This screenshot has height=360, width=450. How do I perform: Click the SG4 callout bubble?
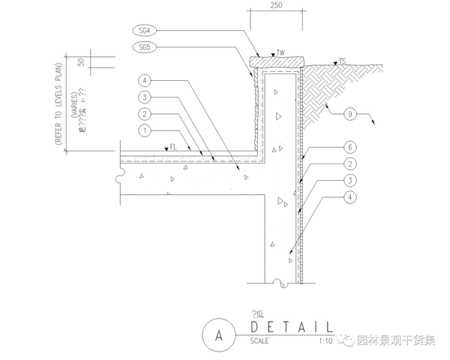point(145,31)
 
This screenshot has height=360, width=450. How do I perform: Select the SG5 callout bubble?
point(145,47)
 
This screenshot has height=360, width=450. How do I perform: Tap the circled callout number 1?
point(145,130)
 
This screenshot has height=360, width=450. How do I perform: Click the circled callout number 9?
point(349,115)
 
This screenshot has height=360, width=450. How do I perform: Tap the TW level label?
point(280,53)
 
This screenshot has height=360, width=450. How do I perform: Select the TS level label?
point(342,60)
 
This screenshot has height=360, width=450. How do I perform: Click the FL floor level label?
point(173,147)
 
